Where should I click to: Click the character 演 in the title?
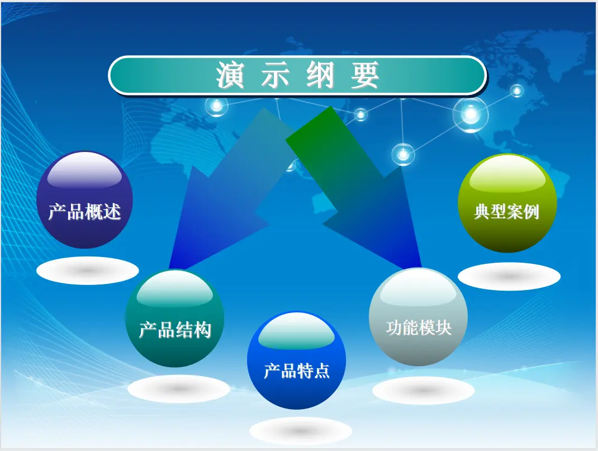point(230,75)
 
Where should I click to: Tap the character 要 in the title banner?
point(365,75)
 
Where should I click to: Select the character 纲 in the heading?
point(320,75)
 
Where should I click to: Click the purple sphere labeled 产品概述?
point(84,200)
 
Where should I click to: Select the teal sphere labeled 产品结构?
point(175,319)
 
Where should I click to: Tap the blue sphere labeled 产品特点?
point(297,360)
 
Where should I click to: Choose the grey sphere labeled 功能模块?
point(418,317)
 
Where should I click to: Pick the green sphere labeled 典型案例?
point(507,203)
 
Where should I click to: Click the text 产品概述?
point(84,212)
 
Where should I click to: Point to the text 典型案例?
point(507,212)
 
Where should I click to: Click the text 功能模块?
point(419,327)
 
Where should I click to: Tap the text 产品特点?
point(297,371)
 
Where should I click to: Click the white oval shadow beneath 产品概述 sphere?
point(88,270)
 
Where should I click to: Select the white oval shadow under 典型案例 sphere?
point(509,277)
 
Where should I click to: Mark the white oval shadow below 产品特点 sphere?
point(301,431)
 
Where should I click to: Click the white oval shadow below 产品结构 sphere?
point(179,389)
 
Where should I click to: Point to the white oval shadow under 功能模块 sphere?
point(423,391)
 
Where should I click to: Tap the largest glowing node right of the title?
point(471,113)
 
